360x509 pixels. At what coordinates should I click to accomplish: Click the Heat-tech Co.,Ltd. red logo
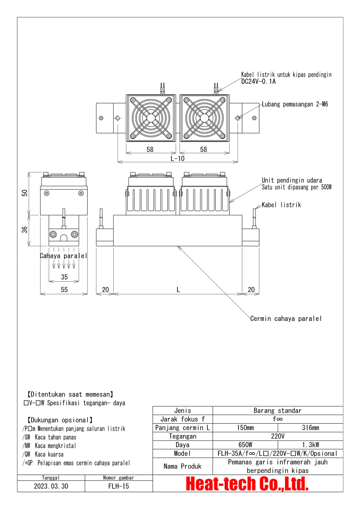point(248,483)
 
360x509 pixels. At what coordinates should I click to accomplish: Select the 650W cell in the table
point(245,445)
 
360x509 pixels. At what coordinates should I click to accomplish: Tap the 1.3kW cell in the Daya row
point(310,445)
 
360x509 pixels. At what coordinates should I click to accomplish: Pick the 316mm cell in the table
point(310,428)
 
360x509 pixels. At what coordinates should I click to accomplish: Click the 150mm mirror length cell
point(245,428)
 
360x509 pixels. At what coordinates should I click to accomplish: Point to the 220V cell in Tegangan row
point(277,436)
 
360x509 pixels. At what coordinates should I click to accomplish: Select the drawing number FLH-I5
point(119,486)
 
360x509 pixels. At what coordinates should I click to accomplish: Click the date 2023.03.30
point(51,486)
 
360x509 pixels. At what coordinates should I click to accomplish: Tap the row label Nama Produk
point(183,466)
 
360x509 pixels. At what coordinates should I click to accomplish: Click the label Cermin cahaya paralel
point(286,319)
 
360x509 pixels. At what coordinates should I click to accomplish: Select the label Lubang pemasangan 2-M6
point(295,104)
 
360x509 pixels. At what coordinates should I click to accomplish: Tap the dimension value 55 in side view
point(64,290)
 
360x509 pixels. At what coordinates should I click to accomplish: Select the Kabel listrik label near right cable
point(281,205)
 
